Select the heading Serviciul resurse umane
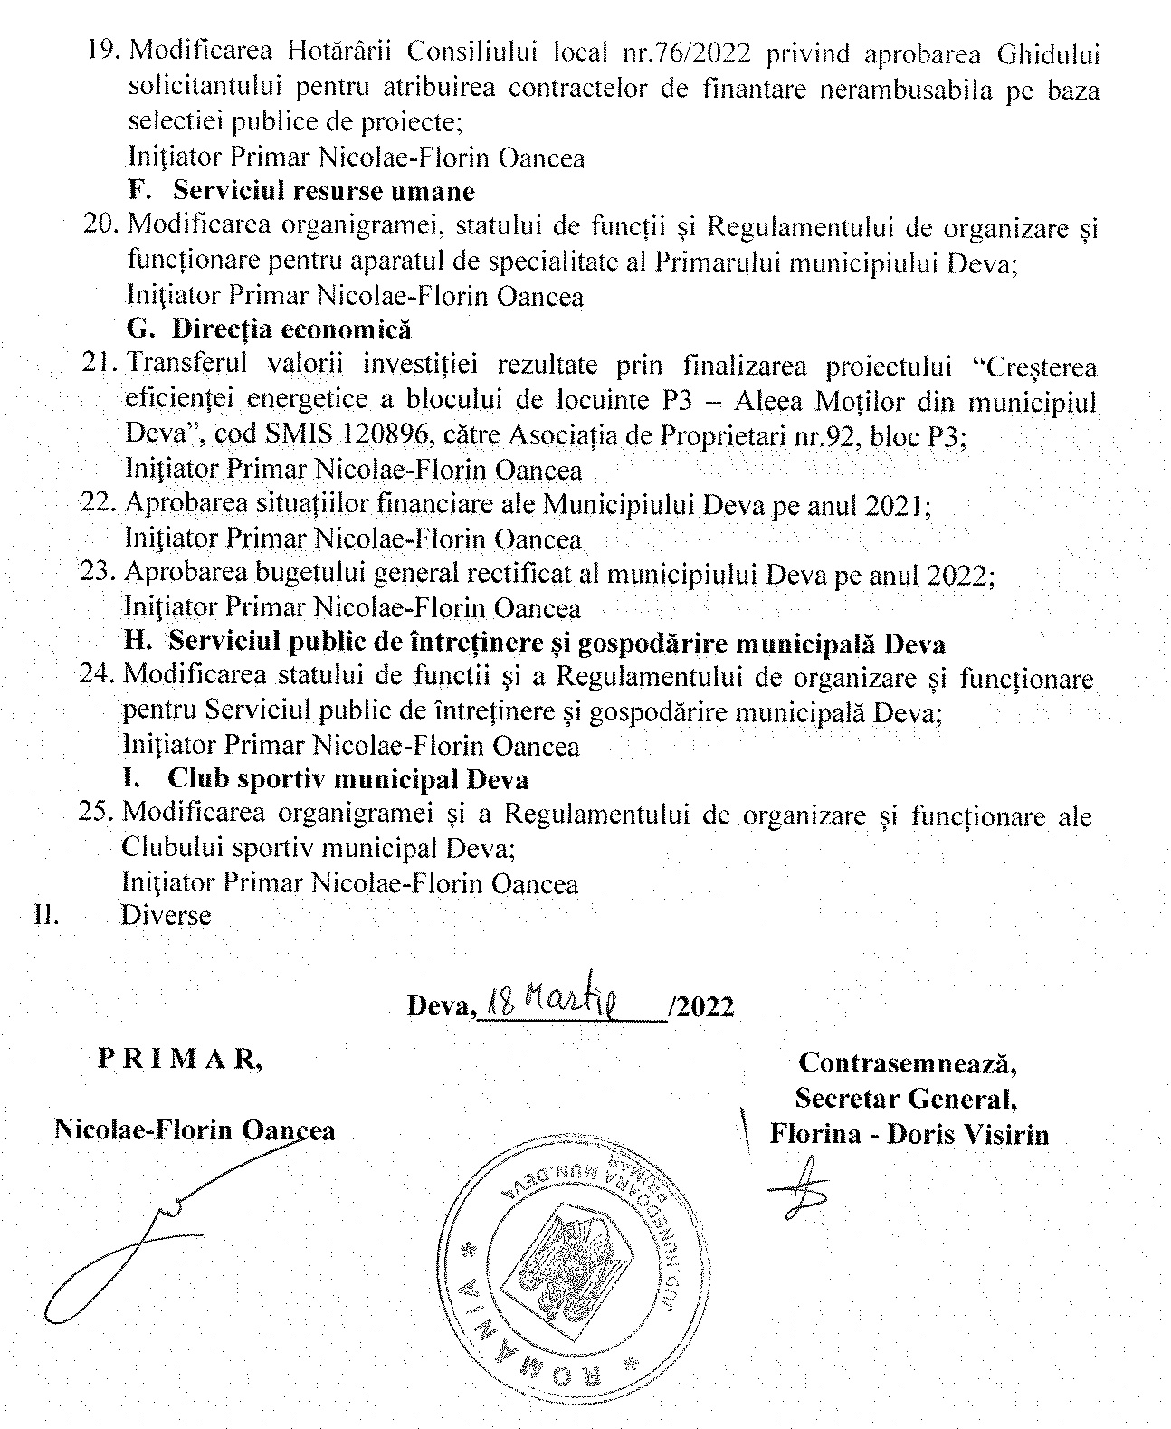tap(324, 191)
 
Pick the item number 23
tap(99, 574)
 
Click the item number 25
tap(98, 814)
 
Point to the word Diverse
tap(166, 915)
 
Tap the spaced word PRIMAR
tap(180, 1061)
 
